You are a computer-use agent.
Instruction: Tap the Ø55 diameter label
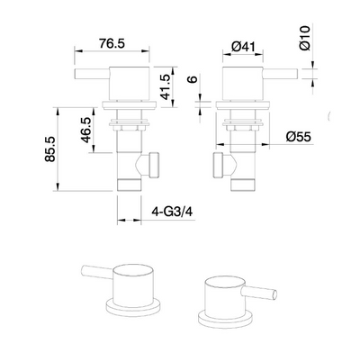300,136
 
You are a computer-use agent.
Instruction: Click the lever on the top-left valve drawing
88,77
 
